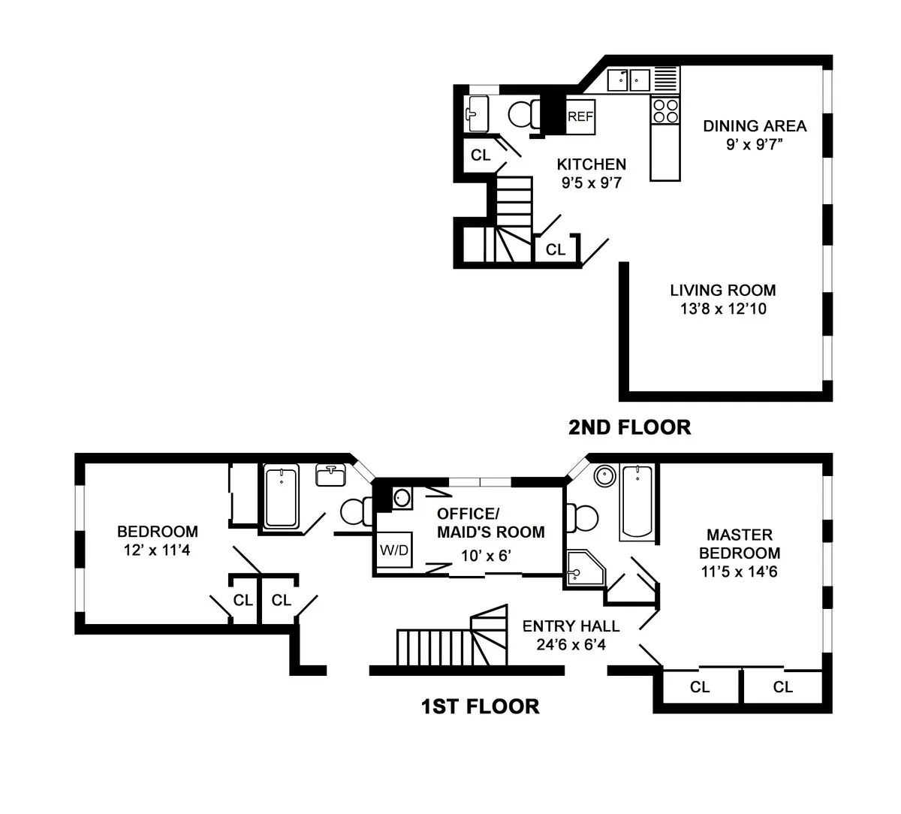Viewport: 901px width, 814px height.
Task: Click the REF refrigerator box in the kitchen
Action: point(580,116)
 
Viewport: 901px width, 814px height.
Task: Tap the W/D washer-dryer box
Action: point(393,550)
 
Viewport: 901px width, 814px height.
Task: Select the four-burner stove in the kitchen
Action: point(664,111)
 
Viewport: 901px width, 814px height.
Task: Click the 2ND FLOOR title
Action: point(629,427)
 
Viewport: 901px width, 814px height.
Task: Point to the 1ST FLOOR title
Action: point(480,707)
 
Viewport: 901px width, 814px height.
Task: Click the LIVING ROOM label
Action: point(723,290)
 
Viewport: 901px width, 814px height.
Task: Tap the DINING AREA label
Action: point(754,125)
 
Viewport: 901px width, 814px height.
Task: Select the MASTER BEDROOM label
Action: point(740,544)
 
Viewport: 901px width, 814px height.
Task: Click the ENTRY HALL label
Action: point(571,626)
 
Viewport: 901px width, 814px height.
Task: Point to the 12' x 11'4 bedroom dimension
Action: point(158,550)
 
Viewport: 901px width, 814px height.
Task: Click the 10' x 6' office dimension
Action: point(490,557)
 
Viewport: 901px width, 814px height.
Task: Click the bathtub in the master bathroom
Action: point(636,502)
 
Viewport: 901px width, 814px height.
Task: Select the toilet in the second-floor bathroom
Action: point(522,115)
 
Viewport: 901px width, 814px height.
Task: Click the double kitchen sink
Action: point(628,79)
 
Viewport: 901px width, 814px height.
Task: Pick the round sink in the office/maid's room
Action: point(402,497)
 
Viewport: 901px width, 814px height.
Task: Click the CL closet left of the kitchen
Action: point(480,155)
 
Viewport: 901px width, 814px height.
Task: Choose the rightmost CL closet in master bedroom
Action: point(783,687)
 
